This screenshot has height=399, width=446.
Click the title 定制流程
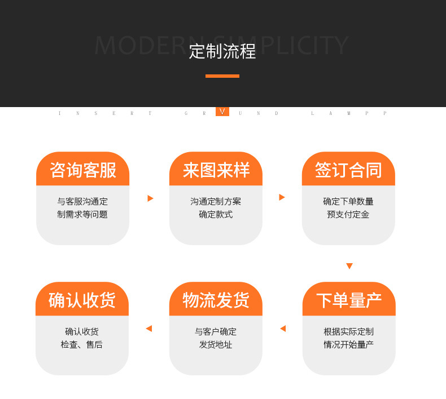click(222, 51)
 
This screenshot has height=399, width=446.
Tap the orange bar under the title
click(222, 76)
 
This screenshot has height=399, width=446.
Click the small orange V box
click(222, 112)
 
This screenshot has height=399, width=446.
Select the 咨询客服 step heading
click(83, 170)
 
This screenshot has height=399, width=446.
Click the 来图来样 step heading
click(216, 170)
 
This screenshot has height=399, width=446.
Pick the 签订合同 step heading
click(348, 170)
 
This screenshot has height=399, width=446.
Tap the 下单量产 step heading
click(349, 300)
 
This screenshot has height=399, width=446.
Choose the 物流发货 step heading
click(216, 300)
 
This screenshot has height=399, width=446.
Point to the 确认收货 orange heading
click(82, 300)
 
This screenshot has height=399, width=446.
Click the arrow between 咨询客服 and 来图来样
click(150, 198)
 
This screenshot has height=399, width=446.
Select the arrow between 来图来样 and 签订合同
click(282, 197)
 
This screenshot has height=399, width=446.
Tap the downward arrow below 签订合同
click(349, 266)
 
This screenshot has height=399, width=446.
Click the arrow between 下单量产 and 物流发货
click(283, 329)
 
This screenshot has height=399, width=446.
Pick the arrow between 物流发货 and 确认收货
click(149, 329)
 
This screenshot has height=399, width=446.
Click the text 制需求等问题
click(82, 215)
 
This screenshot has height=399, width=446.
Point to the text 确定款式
click(216, 215)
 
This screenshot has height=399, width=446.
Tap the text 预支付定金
click(348, 215)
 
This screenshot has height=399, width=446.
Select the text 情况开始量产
click(348, 345)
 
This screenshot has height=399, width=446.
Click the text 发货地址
click(216, 345)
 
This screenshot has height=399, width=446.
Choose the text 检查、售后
click(82, 345)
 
